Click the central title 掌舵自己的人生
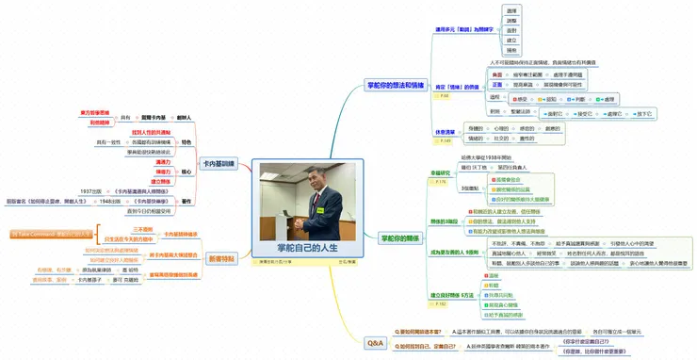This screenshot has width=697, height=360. [x=300, y=247]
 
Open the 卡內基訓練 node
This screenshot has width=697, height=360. [x=221, y=162]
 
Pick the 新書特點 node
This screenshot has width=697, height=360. [x=221, y=258]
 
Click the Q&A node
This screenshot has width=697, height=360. [x=375, y=343]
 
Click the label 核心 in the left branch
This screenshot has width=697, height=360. [x=186, y=173]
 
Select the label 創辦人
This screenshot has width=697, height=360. [x=185, y=118]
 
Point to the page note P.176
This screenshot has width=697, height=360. [x=441, y=182]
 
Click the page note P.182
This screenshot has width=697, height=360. [x=442, y=304]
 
